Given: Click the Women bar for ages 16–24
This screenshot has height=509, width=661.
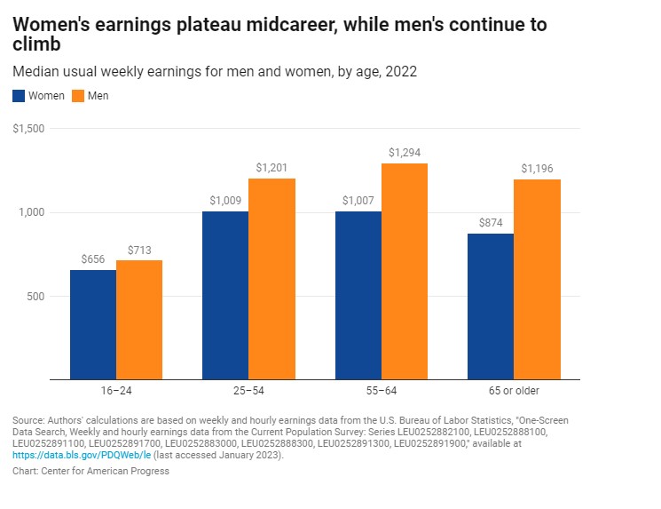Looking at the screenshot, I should pos(93,324).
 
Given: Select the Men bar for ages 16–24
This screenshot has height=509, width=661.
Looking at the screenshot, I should pos(139,320).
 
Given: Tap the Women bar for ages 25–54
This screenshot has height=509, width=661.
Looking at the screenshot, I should pos(225,295).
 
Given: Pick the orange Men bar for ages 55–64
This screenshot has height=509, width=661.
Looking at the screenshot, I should pos(405,271).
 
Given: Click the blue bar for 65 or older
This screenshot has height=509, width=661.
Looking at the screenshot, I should pos(491,306).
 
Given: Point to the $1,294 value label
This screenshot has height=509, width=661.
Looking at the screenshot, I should pos(405,153).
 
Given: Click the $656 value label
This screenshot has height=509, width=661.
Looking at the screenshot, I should pos(93,258).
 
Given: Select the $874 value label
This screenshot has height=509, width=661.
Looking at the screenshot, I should pos(491,222).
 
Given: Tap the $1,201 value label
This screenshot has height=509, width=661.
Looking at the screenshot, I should pos(271,168).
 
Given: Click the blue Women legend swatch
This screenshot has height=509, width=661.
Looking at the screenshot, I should pos(20,95).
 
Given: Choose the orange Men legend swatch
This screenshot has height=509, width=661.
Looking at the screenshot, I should pos(77,95).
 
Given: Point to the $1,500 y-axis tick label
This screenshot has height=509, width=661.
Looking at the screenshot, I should pos(29,130).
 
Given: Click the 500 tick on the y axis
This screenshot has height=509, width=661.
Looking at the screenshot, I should pos(35,297).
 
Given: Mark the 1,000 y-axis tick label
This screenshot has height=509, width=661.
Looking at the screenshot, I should pos(32,213).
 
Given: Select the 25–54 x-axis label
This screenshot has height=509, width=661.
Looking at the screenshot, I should pos(248,391).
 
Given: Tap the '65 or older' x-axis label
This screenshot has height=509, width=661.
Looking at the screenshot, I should pos(514,391).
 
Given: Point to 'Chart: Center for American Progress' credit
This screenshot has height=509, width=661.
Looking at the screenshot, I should pos(90,471).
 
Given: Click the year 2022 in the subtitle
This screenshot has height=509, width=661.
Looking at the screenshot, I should pos(399,71).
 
